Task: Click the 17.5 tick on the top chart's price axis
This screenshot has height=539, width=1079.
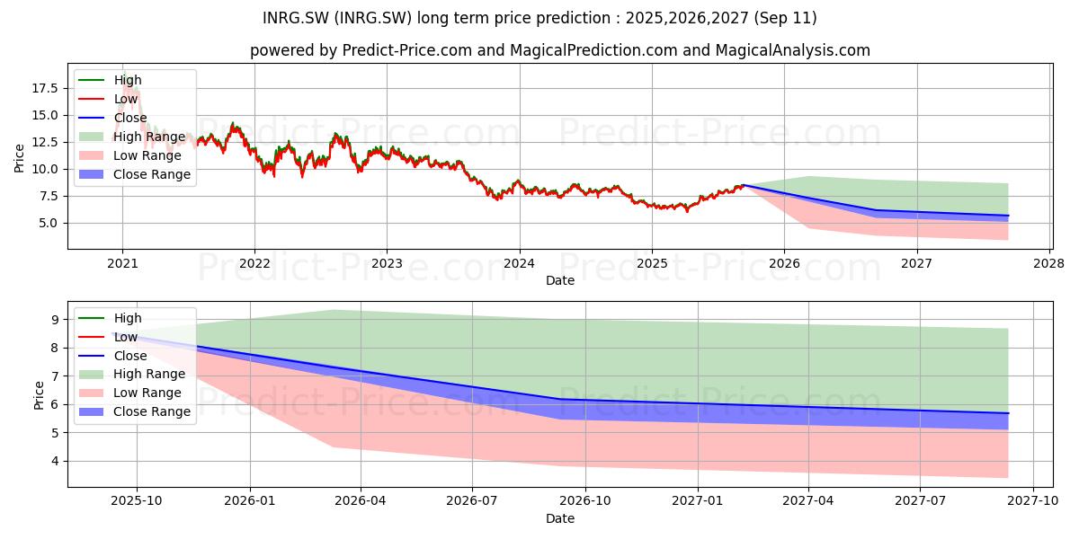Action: click(45, 88)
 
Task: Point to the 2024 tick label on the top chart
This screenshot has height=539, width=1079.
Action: click(520, 264)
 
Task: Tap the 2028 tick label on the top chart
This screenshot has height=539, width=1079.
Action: click(1049, 264)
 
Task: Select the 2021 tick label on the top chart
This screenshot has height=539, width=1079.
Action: click(122, 264)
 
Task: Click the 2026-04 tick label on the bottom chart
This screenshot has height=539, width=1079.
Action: click(361, 501)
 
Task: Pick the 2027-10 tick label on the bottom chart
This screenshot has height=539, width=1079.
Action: click(1033, 501)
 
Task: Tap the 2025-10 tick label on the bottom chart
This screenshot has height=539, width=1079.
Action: click(137, 501)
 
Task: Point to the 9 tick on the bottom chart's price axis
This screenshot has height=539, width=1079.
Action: click(55, 320)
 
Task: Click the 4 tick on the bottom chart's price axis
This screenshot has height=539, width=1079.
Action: click(55, 462)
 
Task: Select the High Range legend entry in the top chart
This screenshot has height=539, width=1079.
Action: click(132, 137)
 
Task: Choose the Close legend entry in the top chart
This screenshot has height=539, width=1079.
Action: click(112, 118)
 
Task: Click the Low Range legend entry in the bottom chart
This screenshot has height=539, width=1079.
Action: click(130, 393)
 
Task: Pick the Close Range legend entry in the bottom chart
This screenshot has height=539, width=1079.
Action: click(134, 412)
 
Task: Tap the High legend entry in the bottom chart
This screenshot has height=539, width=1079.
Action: click(111, 318)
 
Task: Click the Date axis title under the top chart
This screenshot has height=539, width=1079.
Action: click(559, 280)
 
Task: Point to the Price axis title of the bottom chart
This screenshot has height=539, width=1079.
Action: click(39, 395)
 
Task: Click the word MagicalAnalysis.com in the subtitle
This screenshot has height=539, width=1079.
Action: click(793, 50)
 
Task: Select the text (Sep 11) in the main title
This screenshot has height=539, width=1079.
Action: click(785, 18)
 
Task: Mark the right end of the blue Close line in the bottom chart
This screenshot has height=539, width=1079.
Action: click(1008, 413)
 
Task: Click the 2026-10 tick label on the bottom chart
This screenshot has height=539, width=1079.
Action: click(585, 501)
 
